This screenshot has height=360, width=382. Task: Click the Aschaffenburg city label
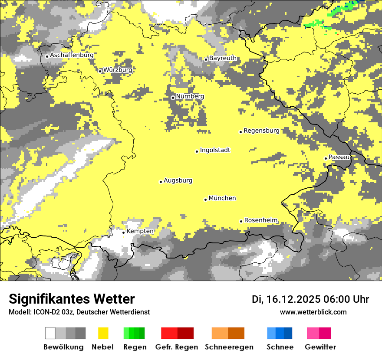pos(72,55)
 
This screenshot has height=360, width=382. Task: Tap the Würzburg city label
pos(118,70)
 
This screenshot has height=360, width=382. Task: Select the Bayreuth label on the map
pos(223,58)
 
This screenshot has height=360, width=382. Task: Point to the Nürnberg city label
pos(190,96)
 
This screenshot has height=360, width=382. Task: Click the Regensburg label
pos(261,130)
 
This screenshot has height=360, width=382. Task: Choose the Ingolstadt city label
pos(215,150)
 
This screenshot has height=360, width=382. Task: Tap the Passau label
pos(339,157)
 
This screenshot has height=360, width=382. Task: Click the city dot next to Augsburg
pos(161,182)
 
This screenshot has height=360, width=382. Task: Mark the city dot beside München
pos(206,200)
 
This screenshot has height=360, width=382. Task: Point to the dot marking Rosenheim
pos(241,221)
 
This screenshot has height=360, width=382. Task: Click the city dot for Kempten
pos(124,232)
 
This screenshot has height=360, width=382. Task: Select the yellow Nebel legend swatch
pos(103,333)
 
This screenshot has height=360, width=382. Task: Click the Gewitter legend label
pos(320,347)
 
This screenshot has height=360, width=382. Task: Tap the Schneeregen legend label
pos(229,347)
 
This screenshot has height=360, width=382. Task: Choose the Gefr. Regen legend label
pos(177,347)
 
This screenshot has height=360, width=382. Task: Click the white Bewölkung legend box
pos(50,333)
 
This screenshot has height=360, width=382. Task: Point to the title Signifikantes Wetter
pos(72,299)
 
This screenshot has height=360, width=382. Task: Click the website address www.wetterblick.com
pos(313,312)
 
